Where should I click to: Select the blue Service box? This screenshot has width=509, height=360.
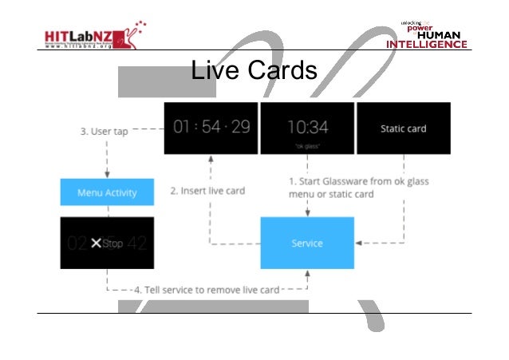coord(307,242)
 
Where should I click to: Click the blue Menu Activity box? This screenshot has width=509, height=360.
coord(106,192)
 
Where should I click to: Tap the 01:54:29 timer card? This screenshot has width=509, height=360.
coord(211,128)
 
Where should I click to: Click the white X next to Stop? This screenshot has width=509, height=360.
coord(97,243)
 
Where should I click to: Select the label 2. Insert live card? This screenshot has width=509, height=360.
coord(207,191)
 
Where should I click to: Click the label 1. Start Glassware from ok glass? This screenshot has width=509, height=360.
coord(358,181)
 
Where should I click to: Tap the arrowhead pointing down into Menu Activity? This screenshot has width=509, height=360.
coord(106,175)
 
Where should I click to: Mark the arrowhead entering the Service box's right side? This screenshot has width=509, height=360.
coord(358,242)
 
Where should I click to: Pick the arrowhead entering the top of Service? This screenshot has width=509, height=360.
coord(307,212)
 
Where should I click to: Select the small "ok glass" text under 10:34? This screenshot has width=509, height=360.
coord(307,146)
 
